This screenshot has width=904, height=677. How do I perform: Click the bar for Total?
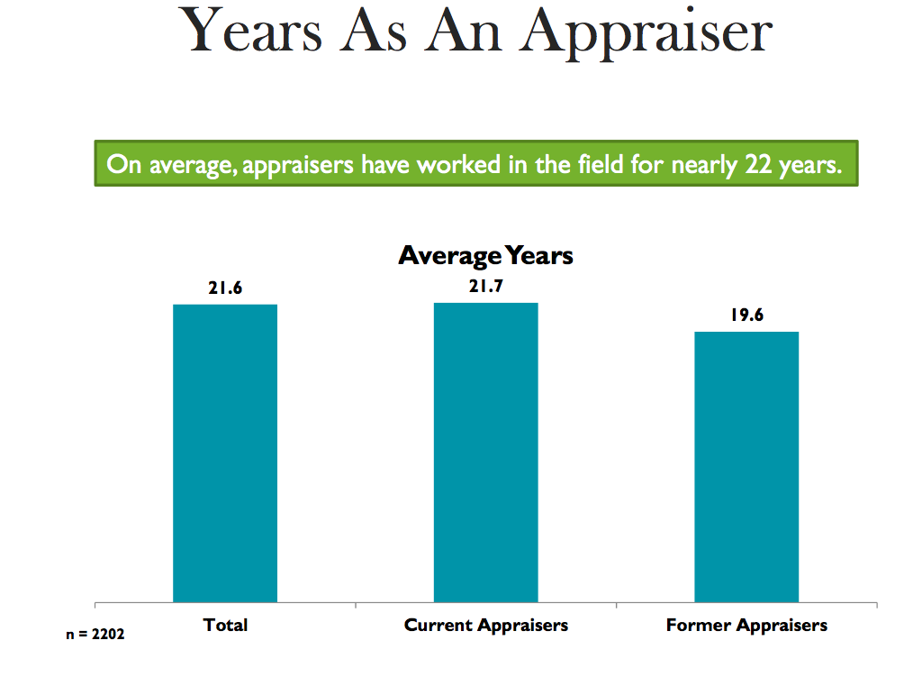(225, 453)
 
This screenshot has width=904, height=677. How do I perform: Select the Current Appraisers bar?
(485, 452)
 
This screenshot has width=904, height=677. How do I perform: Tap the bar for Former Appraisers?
(746, 466)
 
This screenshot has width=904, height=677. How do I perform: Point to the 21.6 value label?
(225, 288)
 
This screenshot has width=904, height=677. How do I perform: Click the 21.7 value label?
(485, 287)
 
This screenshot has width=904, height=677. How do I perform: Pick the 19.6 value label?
(746, 316)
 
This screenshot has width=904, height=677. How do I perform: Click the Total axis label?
(225, 625)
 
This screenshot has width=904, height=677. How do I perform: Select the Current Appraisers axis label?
(486, 625)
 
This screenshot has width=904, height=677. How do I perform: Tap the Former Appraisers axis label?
(746, 625)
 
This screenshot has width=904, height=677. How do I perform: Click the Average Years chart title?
(485, 256)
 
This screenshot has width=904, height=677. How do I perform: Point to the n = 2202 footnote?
(95, 635)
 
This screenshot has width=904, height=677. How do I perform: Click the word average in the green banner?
(187, 166)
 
